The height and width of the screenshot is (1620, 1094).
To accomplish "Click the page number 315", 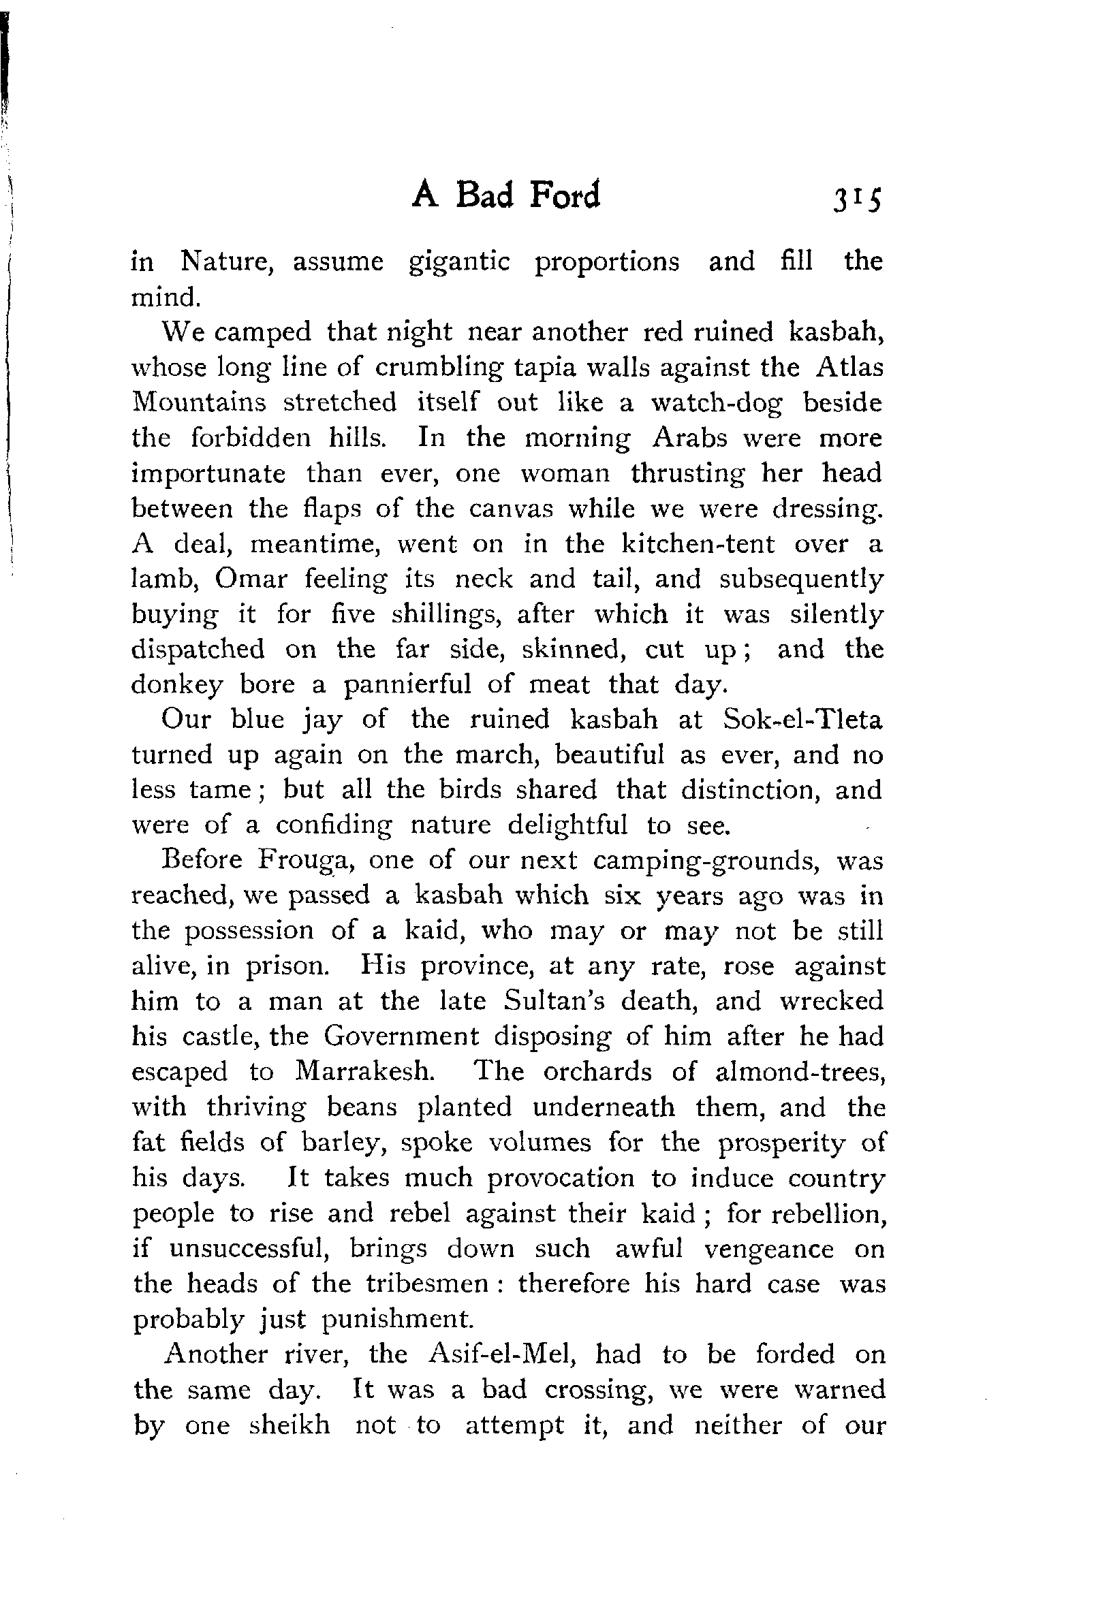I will [x=856, y=200].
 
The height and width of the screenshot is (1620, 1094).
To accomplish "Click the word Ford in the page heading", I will [x=564, y=196].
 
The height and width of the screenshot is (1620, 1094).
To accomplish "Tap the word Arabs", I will [x=689, y=439].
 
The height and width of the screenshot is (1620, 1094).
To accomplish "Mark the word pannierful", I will [x=407, y=685].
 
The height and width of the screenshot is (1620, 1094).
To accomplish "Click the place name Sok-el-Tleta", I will [x=802, y=719].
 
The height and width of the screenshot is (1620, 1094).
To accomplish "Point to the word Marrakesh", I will [x=365, y=1071].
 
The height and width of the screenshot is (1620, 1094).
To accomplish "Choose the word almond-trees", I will [x=800, y=1071].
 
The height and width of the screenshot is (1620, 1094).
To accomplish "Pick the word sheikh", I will [x=290, y=1425].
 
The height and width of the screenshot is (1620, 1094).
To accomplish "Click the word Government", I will [x=401, y=1036].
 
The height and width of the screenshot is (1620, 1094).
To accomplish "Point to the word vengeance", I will [x=768, y=1249].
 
